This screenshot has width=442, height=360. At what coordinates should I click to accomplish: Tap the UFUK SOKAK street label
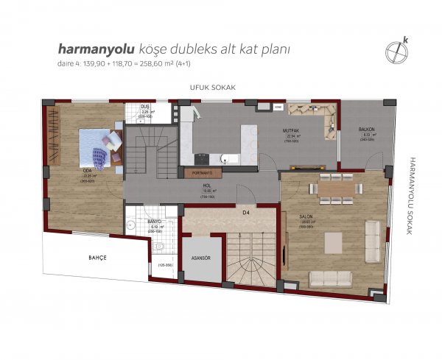coord(212,88)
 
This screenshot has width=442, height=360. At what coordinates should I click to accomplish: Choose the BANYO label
coord(155,221)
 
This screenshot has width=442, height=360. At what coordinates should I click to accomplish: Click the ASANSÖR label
coord(201,258)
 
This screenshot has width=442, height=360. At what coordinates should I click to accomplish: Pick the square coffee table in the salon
coord(333,242)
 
